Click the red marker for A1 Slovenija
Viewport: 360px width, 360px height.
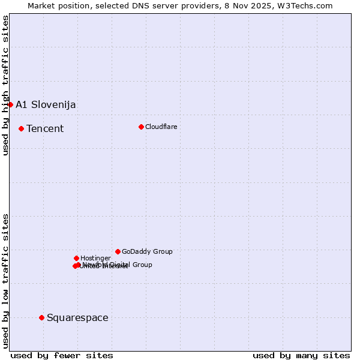coord(10,104)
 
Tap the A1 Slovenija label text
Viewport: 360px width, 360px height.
coord(46,105)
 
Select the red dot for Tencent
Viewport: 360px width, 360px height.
coord(21,128)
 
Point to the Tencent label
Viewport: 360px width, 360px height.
coord(45,129)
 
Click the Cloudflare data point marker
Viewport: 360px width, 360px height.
coord(141,127)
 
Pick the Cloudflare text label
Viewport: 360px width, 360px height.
coord(161,127)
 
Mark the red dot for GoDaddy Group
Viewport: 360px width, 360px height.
coord(118,251)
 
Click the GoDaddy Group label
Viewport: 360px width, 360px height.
coord(147,252)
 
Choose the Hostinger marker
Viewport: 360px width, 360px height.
coord(76,258)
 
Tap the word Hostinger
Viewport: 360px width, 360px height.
coord(96,259)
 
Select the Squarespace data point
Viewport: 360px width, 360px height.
coord(41,317)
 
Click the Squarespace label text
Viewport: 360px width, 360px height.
coord(77,318)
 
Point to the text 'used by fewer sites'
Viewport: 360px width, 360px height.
coord(62,356)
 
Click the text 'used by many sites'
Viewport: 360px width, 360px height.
coord(301,356)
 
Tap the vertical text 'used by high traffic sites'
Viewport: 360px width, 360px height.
coord(5,85)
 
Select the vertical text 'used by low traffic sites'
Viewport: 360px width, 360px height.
coord(5,280)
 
